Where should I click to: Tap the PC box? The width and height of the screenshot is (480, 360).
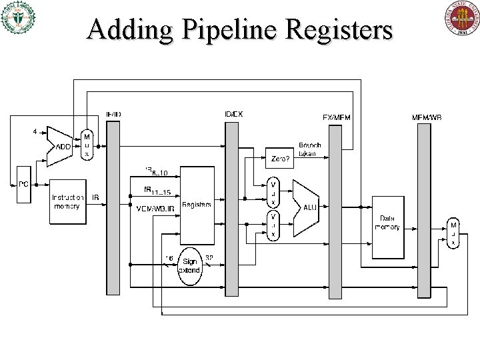point(23,183)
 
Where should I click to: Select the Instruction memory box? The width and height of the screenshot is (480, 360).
point(68,201)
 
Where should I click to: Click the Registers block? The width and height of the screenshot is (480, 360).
point(195,205)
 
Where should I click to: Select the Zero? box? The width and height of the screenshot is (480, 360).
point(281,159)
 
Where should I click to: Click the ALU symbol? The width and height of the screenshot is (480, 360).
point(309,207)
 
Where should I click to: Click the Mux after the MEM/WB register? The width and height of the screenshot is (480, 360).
point(453,233)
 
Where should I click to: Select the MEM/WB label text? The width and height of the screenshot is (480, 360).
point(427,117)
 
